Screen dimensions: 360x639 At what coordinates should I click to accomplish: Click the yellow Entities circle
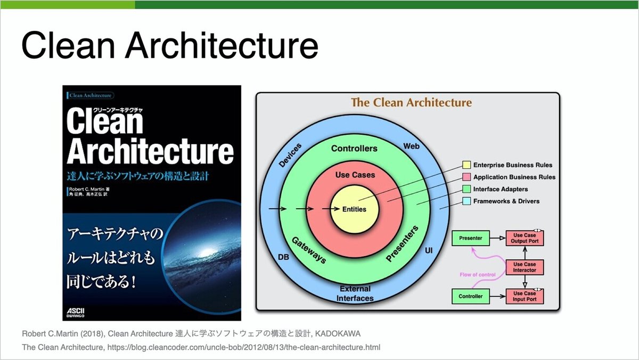(x=355, y=209)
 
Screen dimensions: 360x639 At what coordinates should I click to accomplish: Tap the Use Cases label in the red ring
(x=355, y=175)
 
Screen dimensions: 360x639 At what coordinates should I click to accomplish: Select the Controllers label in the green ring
(x=354, y=149)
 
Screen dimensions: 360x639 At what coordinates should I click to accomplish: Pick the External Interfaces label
(x=355, y=293)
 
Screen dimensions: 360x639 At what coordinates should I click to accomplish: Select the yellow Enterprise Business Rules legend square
(x=466, y=165)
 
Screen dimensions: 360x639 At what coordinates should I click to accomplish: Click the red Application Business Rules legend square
(x=466, y=177)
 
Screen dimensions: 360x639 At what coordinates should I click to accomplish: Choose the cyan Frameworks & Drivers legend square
(x=466, y=201)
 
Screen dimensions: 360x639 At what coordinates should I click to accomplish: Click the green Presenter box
(x=470, y=239)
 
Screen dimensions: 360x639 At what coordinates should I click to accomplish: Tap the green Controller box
(x=470, y=296)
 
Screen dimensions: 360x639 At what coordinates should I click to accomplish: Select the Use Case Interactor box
(x=525, y=267)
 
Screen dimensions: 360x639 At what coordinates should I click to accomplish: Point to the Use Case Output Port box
(x=525, y=239)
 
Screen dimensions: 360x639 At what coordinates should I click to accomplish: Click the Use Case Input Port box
(x=525, y=296)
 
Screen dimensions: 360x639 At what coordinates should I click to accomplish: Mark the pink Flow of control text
(x=477, y=275)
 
